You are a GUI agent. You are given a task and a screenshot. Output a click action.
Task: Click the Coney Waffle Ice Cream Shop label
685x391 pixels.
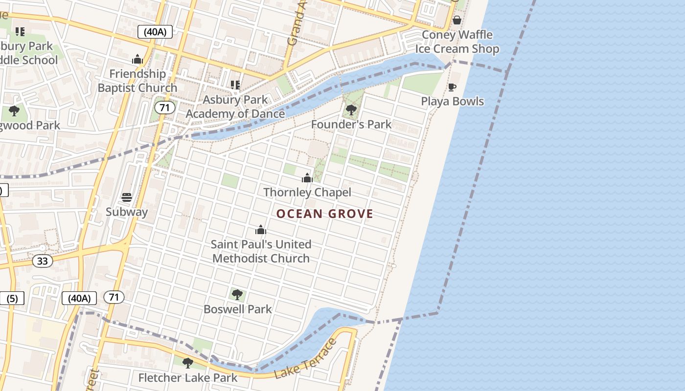click(x=457, y=42)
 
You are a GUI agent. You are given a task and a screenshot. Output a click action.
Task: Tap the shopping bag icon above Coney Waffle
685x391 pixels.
click(x=457, y=20)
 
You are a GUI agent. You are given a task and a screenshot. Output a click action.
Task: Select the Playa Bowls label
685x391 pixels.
click(x=452, y=101)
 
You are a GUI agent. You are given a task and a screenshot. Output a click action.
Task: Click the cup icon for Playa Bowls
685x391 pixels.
click(x=452, y=87)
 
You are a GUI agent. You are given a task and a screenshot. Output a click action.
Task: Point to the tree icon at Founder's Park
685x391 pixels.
click(x=351, y=110)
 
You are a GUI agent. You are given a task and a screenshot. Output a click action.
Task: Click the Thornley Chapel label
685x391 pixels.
click(x=307, y=192)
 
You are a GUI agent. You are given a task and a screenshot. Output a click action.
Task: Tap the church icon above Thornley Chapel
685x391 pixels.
click(x=307, y=178)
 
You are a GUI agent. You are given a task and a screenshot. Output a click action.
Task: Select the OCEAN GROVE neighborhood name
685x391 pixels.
click(x=325, y=214)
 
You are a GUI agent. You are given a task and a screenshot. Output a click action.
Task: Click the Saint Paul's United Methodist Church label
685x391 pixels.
click(x=261, y=251)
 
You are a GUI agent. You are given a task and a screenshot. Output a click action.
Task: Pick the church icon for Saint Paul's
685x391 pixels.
click(x=261, y=230)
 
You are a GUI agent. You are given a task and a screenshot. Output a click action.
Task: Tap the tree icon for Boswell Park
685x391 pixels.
click(x=237, y=295)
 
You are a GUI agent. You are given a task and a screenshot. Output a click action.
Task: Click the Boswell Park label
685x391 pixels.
click(x=237, y=309)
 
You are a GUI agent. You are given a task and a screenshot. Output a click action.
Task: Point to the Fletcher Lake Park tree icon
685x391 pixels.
click(x=187, y=363)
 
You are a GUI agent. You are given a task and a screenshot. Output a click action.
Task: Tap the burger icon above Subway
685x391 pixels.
click(x=127, y=197)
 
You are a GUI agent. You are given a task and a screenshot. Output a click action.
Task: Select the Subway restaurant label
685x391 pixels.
click(x=127, y=212)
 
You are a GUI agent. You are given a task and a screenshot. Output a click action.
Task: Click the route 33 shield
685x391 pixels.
click(x=43, y=261)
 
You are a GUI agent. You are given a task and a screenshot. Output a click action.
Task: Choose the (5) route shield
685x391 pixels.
click(x=12, y=298)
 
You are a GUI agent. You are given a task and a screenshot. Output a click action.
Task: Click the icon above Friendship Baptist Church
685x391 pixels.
click(x=137, y=60)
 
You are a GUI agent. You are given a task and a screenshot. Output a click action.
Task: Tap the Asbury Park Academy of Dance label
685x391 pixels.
click(x=235, y=107)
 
